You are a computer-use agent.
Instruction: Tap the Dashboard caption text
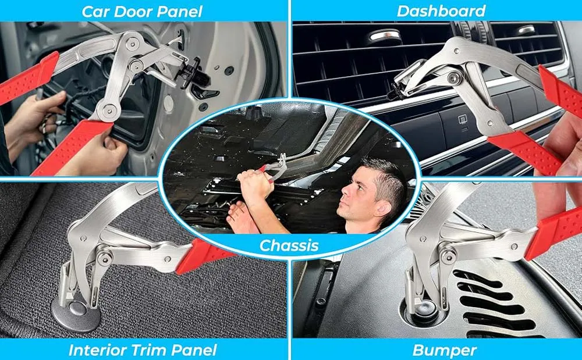(441, 10)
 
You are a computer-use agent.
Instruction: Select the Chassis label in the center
(289, 245)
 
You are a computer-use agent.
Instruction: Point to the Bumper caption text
(444, 350)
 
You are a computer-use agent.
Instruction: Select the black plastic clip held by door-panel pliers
(195, 74)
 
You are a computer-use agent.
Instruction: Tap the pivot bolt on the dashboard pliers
(453, 77)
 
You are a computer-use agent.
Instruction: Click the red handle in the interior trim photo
(203, 256)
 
